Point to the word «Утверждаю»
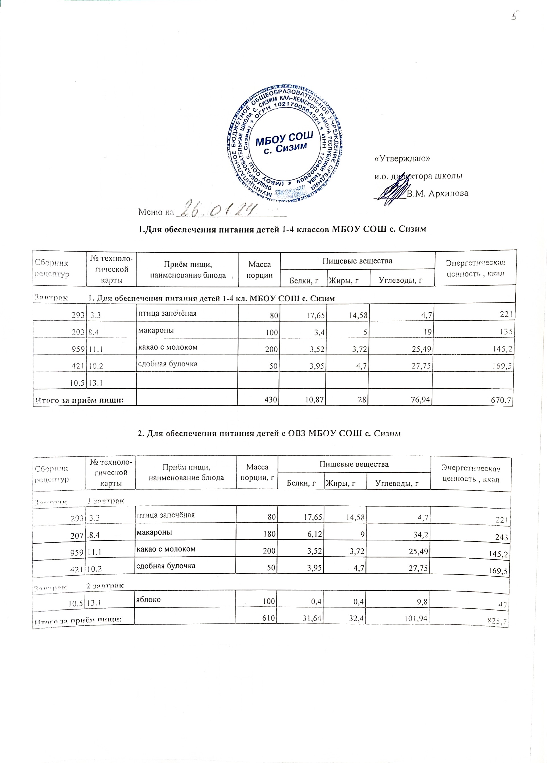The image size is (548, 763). coord(402,158)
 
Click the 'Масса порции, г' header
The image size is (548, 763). coord(257,472)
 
